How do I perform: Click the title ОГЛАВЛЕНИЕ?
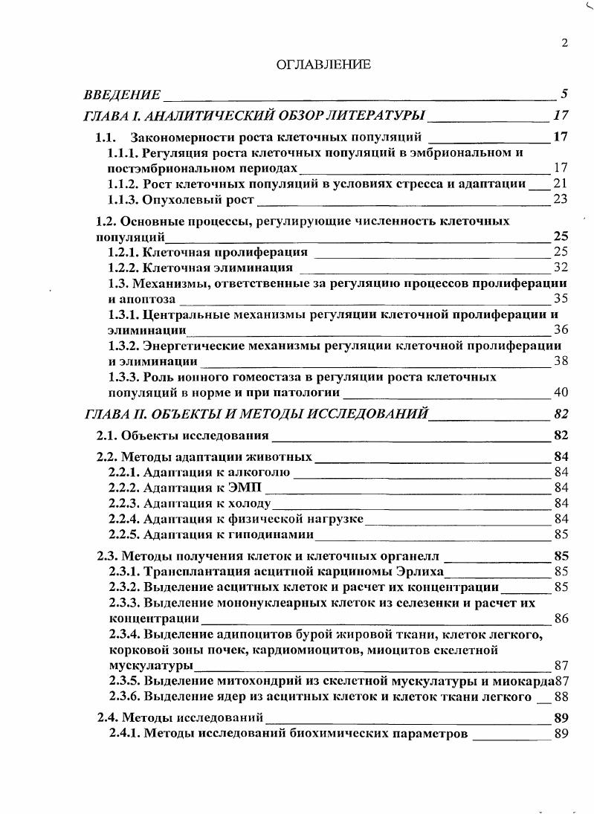point(323,65)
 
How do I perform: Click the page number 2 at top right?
point(564,43)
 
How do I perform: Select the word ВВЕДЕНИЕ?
point(122,94)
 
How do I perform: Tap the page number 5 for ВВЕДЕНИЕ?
point(564,94)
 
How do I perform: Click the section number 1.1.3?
point(123,199)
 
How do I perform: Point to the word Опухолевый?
point(175,199)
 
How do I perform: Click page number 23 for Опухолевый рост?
point(561,199)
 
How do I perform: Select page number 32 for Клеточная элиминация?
point(561,268)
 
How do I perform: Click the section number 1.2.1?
point(123,252)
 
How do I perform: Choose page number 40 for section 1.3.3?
point(561,393)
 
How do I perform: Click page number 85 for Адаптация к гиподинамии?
point(561,534)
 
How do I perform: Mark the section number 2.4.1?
point(123,734)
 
